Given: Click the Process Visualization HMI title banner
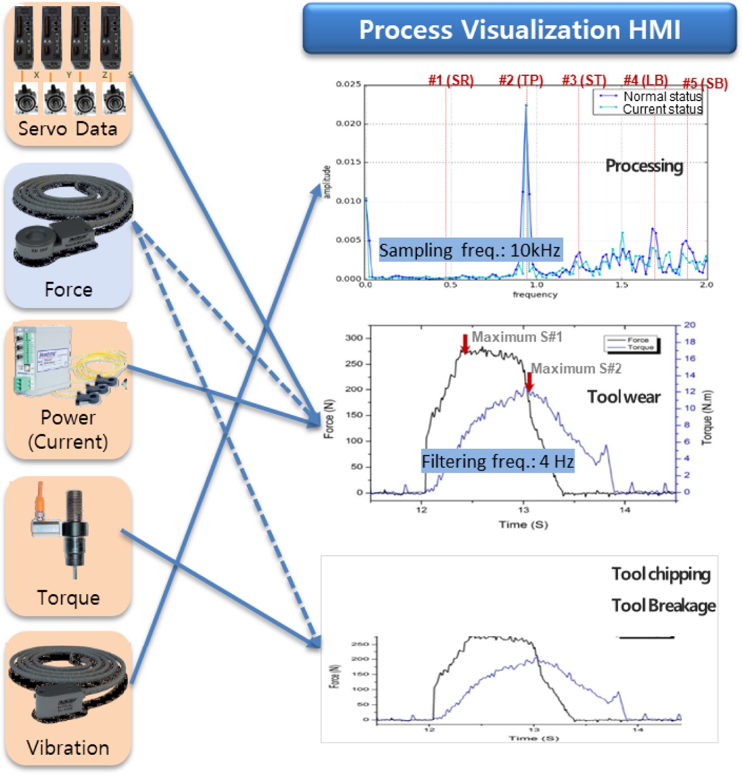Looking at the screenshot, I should pos(519,29).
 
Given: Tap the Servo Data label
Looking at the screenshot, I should pos(68,129).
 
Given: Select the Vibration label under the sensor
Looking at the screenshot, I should pos(68,747).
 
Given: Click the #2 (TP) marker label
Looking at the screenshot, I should pos(521,80).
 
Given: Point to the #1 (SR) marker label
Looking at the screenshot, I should pos(451,80).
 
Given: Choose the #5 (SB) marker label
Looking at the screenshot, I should pos(705,84).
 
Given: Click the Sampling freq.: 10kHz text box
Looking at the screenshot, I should pos(470,250).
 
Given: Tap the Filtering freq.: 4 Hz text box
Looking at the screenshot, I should pos(498,462).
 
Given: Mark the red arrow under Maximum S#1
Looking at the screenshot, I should pos(465,344).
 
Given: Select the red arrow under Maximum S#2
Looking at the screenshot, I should pos(529,381).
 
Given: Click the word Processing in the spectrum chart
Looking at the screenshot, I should pos(644,166).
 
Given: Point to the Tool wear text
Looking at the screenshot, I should pos(623,397).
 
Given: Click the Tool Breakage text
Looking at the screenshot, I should pos(663,605).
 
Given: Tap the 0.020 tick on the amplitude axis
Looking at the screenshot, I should pos(348,124).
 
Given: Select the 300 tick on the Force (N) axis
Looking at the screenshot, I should pos(354,338).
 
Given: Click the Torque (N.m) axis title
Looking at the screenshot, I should pos(707,417).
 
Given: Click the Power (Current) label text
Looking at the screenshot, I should pos(68,430).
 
